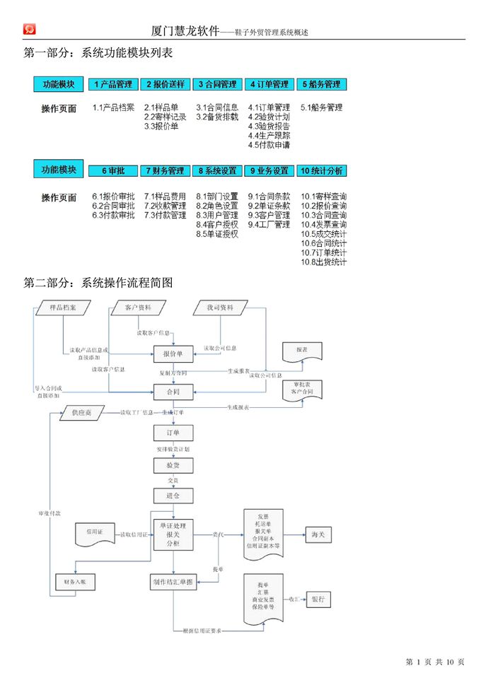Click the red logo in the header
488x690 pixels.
tap(30, 29)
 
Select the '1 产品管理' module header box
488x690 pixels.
tap(113, 84)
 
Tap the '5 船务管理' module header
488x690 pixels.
tap(322, 84)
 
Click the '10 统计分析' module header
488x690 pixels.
tap(322, 170)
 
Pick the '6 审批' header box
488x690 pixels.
tap(113, 170)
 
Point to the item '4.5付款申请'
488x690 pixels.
tap(269, 145)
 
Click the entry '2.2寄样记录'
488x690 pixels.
tap(165, 117)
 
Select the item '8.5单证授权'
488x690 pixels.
tap(217, 234)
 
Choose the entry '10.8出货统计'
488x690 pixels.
tap(324, 262)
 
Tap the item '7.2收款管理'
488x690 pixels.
tap(165, 206)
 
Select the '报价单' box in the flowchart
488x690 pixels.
tap(173, 353)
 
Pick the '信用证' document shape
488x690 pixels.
tap(95, 534)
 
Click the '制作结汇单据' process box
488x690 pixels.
tap(173, 582)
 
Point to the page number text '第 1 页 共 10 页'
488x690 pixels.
tap(435, 662)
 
